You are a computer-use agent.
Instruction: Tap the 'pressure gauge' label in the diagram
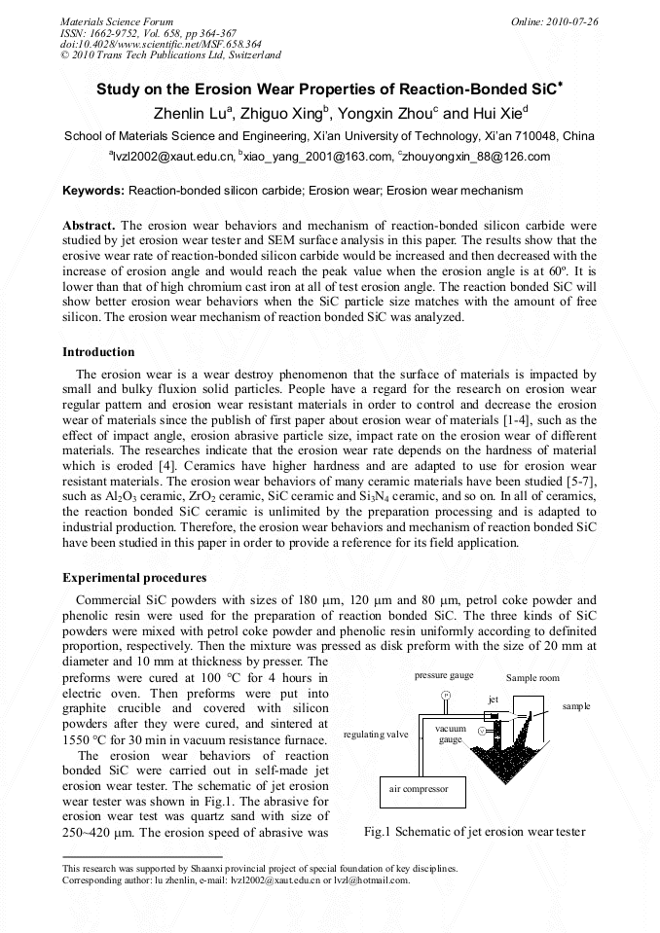pyautogui.click(x=444, y=674)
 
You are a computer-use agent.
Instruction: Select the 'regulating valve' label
pyautogui.click(x=376, y=735)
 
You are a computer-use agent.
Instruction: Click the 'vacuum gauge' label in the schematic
pyautogui.click(x=450, y=734)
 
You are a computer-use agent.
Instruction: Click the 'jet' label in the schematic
pyautogui.click(x=494, y=699)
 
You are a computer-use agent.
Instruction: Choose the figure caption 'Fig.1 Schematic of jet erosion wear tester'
pyautogui.click(x=474, y=832)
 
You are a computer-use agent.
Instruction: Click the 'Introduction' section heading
pyautogui.click(x=98, y=352)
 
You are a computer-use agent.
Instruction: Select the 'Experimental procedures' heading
pyautogui.click(x=134, y=578)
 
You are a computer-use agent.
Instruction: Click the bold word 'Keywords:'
pyautogui.click(x=93, y=191)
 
